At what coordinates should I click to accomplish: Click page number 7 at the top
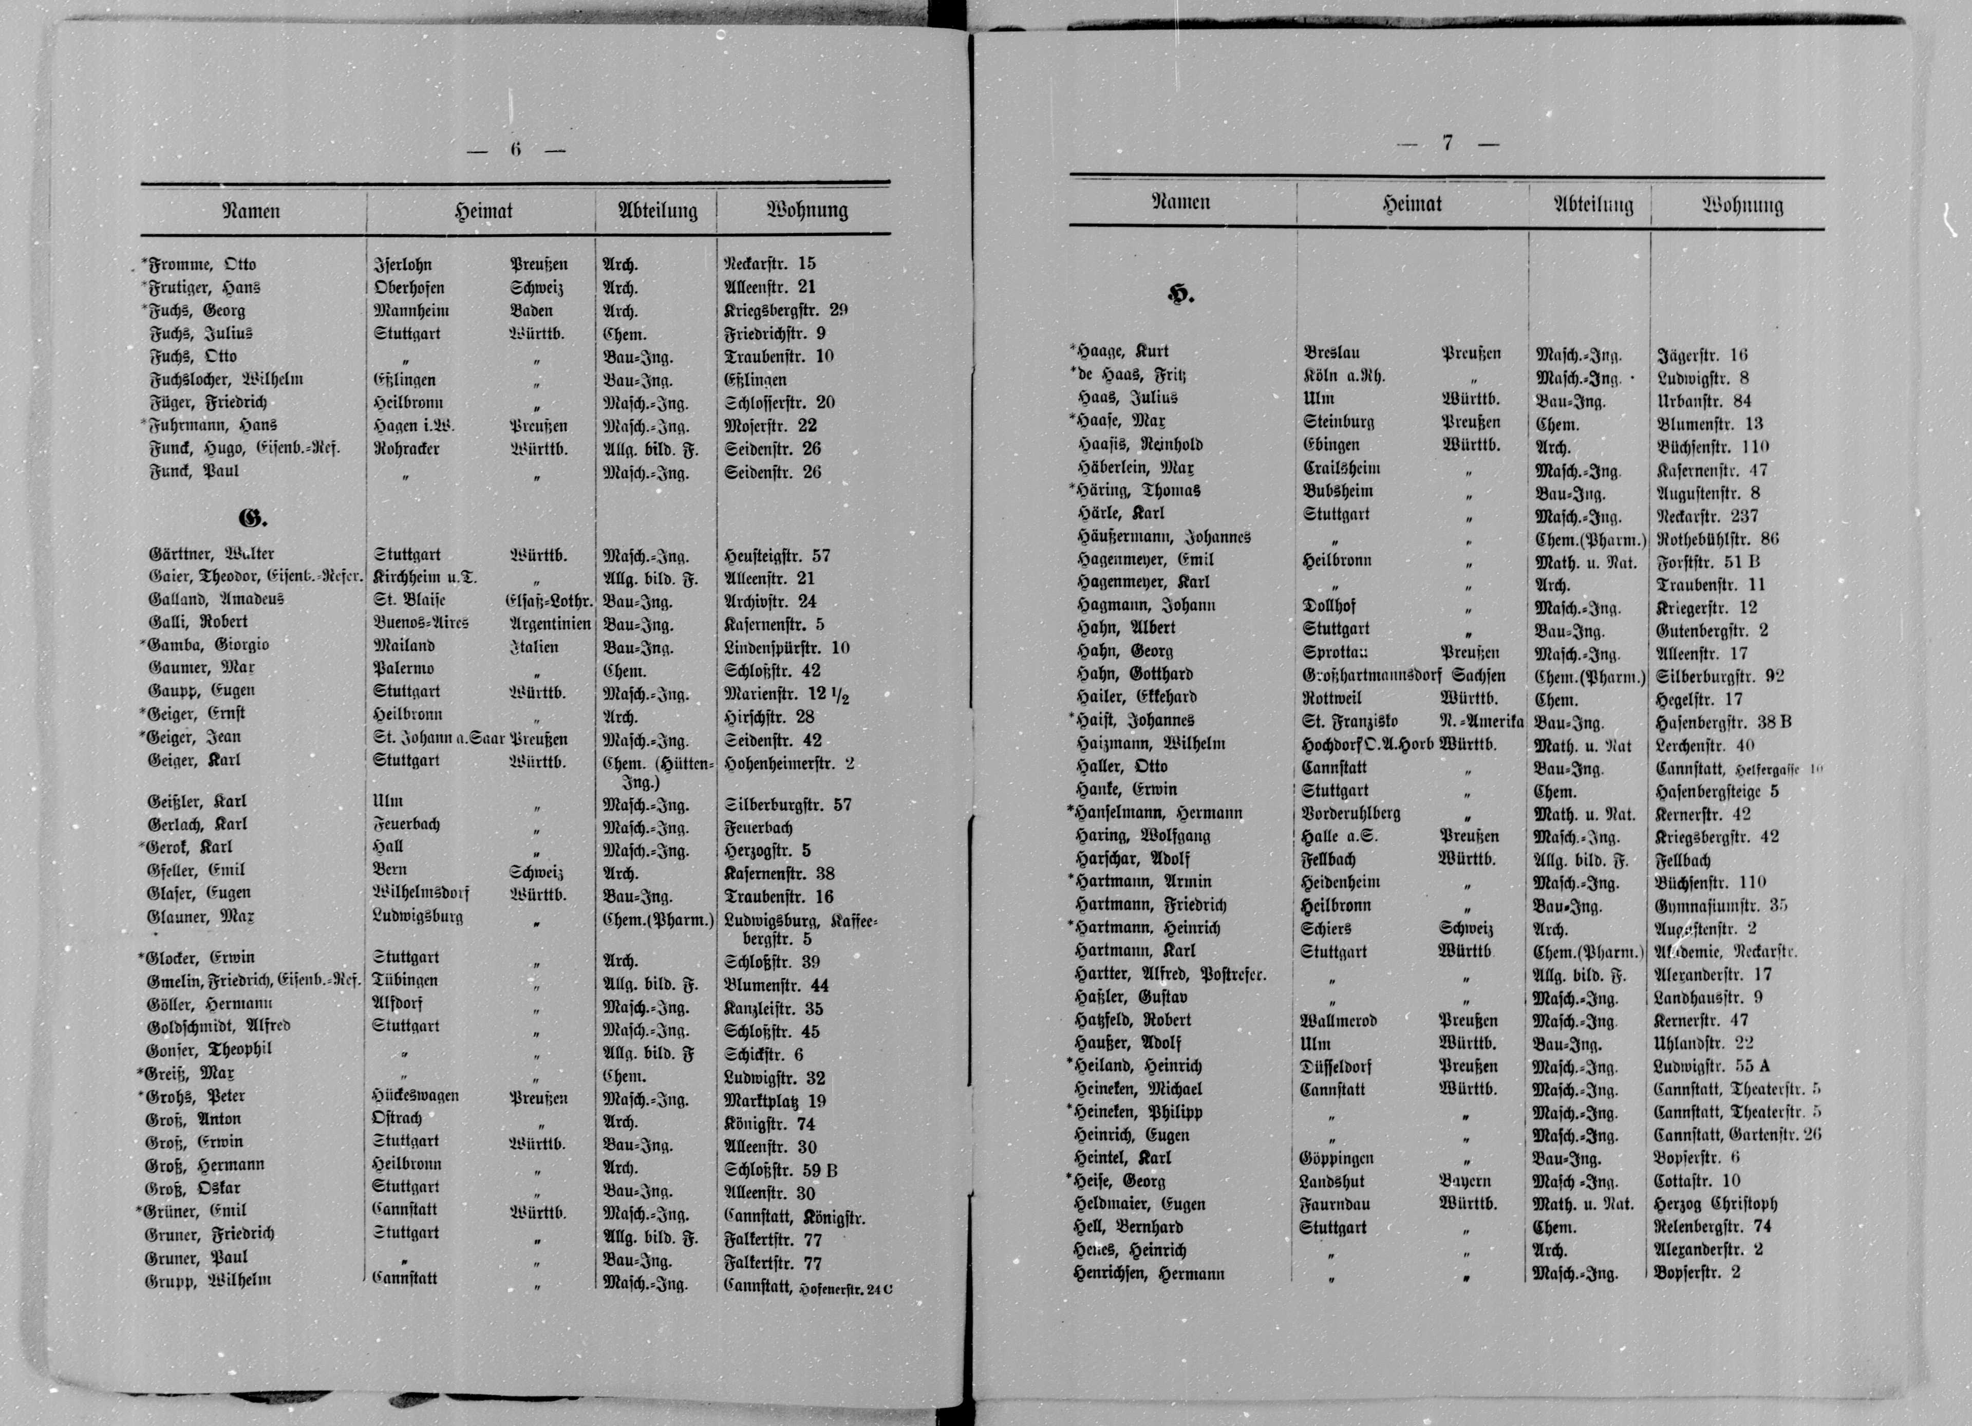(1448, 143)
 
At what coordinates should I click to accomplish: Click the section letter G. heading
(252, 519)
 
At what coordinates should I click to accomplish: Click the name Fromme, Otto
(202, 265)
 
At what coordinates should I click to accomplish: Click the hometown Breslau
(1332, 353)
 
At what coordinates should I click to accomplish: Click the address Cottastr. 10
(1697, 1181)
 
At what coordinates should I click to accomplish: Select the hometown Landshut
(1333, 1181)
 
